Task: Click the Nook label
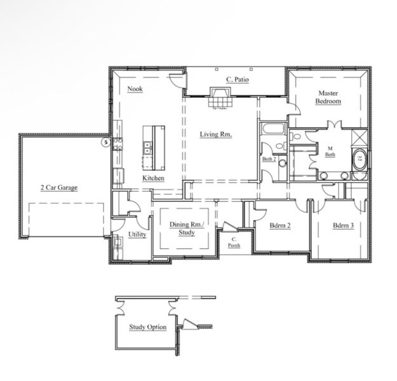point(134,88)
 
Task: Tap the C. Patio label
point(236,79)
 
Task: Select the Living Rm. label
point(216,134)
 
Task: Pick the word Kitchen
point(153,178)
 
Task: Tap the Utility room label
point(137,234)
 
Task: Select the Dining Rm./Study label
point(186,228)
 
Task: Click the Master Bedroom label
point(329,97)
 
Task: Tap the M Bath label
point(330,150)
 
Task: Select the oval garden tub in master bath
point(360,156)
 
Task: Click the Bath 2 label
point(268,159)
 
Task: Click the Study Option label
point(148,327)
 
